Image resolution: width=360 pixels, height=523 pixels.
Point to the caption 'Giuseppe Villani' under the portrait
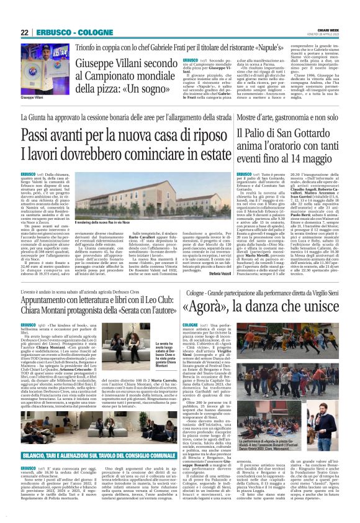coord(32,98)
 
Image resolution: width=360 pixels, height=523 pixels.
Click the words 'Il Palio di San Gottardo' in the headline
coord(279,134)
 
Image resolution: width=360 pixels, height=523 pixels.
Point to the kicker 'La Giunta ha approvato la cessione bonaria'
coord(122,116)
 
